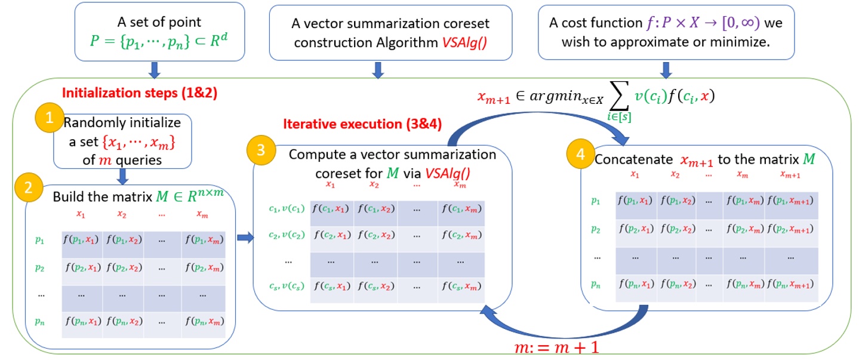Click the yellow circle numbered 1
coord(50,117)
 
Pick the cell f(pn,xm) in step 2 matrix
coord(204,322)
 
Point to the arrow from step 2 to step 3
coord(244,239)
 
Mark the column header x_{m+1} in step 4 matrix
coord(790,175)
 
